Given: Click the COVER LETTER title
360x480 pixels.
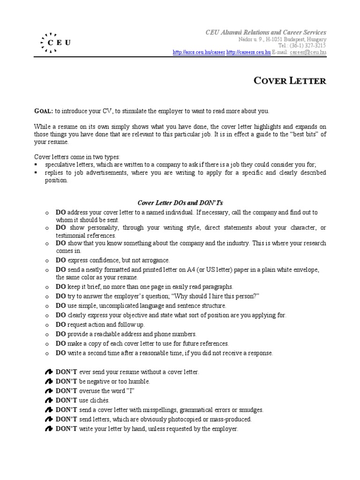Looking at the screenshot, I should [289, 81].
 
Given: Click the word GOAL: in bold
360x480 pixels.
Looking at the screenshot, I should [44, 111].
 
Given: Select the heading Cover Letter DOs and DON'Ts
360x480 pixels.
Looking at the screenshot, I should [180, 202].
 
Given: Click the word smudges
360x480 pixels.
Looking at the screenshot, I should [251, 410].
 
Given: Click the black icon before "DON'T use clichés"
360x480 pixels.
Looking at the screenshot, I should [49, 400].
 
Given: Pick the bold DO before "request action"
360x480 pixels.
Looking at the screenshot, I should [61, 324].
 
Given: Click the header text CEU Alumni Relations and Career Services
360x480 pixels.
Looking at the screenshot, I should [266, 32].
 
